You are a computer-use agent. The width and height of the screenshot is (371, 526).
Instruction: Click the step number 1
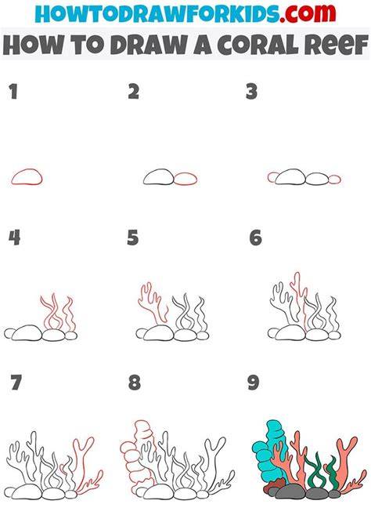point(13,92)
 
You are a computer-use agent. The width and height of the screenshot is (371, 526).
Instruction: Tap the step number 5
point(133,238)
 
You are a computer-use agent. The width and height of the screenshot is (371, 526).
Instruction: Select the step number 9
point(254,383)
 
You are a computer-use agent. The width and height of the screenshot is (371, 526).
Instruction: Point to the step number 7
point(16,383)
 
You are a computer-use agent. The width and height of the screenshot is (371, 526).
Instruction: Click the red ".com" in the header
point(308,13)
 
